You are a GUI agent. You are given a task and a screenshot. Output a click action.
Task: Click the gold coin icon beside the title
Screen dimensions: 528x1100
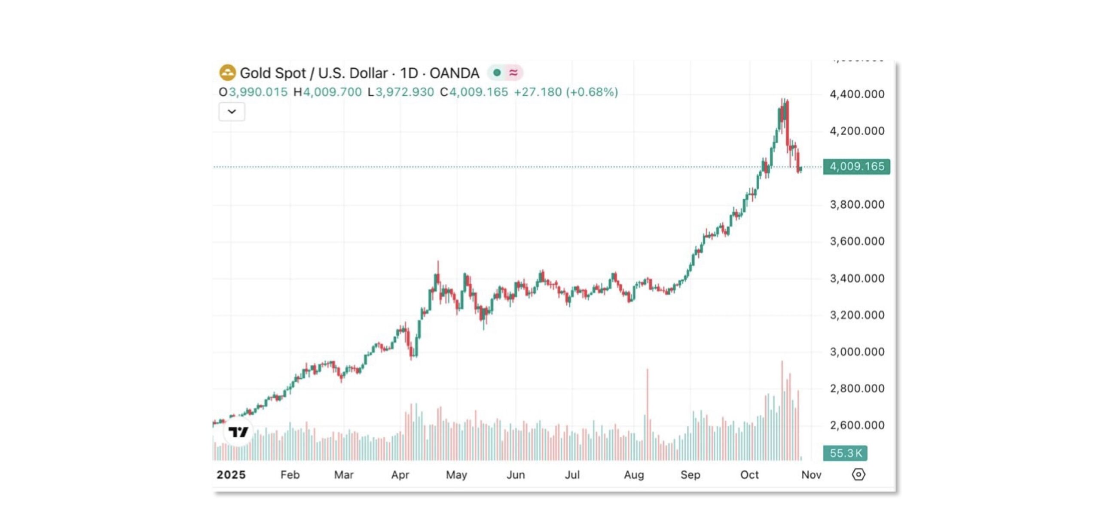click(x=227, y=73)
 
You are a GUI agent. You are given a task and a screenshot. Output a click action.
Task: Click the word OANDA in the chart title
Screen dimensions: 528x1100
click(x=454, y=73)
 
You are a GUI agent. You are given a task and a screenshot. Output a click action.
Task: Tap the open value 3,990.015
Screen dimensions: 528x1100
click(x=258, y=92)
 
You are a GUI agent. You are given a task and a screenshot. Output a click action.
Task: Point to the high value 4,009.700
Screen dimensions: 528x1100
click(x=332, y=92)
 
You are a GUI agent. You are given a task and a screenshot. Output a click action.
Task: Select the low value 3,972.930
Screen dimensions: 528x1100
click(x=404, y=92)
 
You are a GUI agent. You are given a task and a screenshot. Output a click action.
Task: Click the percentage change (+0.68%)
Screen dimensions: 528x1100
click(x=592, y=92)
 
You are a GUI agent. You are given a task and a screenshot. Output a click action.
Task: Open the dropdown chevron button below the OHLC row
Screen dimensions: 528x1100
click(x=232, y=112)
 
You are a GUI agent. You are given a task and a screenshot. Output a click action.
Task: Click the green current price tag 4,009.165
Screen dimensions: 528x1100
click(x=856, y=167)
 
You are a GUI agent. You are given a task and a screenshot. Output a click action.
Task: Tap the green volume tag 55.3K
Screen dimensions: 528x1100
click(x=845, y=453)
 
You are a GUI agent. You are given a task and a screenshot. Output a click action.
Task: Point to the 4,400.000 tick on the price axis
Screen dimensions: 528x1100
click(x=857, y=94)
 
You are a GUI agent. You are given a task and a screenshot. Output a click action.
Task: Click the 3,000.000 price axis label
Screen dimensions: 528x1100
click(x=857, y=352)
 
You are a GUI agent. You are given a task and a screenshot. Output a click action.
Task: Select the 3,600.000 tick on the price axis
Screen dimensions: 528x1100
click(x=857, y=241)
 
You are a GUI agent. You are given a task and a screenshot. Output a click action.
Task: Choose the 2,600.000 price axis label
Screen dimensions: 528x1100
click(x=857, y=425)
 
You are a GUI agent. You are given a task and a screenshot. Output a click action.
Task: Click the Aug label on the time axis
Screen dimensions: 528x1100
click(x=634, y=475)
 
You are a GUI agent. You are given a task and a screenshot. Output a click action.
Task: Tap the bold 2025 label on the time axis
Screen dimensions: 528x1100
click(x=231, y=475)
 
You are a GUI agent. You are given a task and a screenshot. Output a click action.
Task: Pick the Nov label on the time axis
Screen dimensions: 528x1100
click(x=811, y=475)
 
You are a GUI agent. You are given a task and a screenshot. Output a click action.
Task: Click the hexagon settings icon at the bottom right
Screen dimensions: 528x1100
click(x=858, y=474)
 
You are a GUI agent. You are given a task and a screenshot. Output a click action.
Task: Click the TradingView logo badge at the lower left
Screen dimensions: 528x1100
click(x=238, y=431)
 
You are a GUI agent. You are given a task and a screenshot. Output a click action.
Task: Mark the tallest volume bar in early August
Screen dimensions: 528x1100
click(x=647, y=412)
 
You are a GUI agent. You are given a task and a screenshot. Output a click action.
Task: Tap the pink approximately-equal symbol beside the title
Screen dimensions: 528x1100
click(x=513, y=73)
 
